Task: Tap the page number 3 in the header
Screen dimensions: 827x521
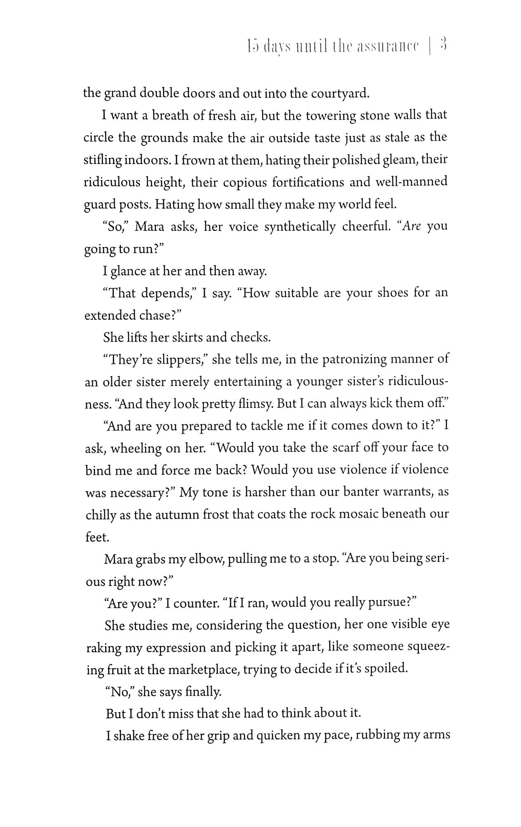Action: tap(444, 45)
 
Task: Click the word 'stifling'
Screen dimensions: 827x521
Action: tap(101, 160)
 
